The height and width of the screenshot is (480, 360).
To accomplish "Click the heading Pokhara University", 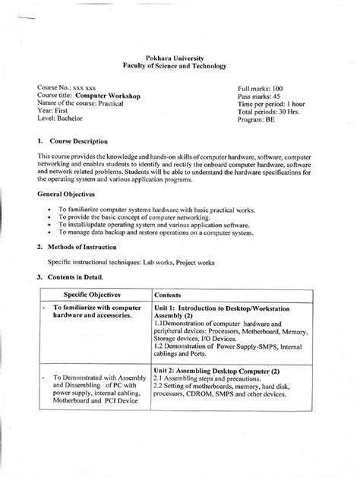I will [181, 58].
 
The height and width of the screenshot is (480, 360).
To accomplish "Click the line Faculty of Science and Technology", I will [181, 66].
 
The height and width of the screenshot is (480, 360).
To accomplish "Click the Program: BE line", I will [258, 123].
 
